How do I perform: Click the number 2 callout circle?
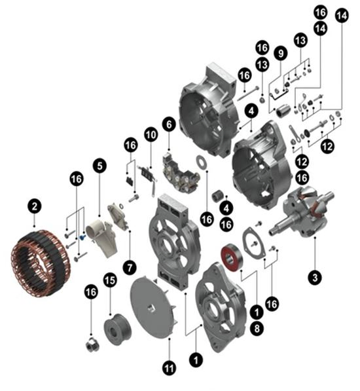[x=35, y=207]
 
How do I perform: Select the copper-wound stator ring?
[x=41, y=263]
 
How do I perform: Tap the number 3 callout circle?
[x=315, y=277]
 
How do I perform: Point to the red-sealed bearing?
[x=232, y=258]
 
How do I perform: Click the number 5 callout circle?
[x=99, y=166]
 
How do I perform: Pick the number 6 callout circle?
[x=169, y=124]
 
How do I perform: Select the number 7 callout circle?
[x=130, y=268]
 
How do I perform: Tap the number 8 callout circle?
[x=257, y=328]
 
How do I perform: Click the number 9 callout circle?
[x=281, y=53]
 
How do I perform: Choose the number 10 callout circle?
[x=151, y=135]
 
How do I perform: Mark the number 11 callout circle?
[x=169, y=368]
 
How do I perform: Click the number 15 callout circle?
[x=110, y=280]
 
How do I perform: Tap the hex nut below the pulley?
[x=92, y=345]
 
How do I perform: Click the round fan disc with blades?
[x=154, y=308]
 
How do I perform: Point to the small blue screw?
[x=82, y=237]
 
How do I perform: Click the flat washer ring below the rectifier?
[x=201, y=162]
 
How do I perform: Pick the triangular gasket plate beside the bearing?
[x=254, y=242]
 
